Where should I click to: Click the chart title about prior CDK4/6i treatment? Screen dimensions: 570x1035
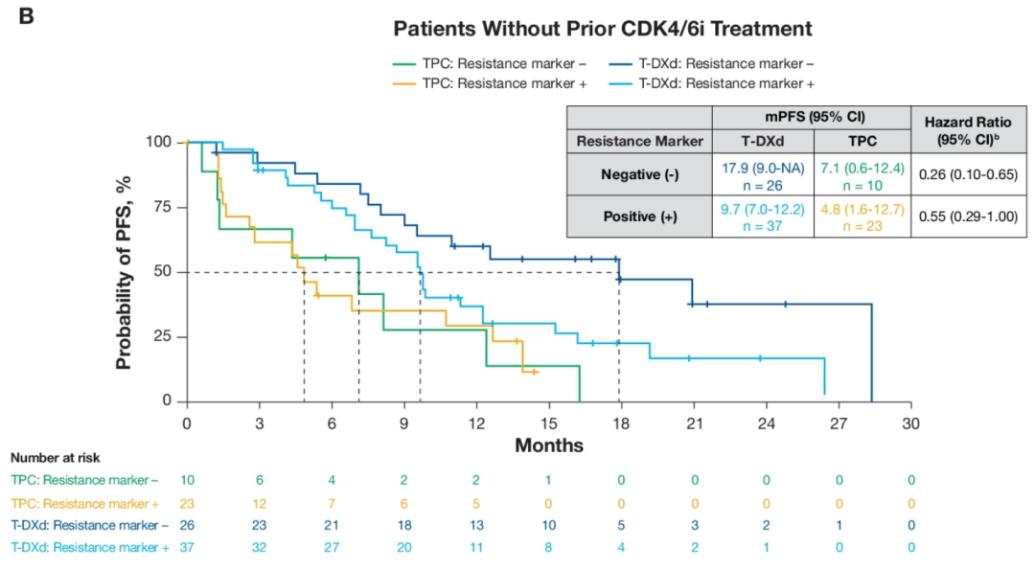(x=603, y=29)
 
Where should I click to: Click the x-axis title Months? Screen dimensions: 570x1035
(x=549, y=445)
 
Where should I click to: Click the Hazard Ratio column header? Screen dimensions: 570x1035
(x=969, y=129)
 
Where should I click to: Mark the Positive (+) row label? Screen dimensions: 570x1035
(x=639, y=217)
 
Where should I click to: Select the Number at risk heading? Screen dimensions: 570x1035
(x=56, y=458)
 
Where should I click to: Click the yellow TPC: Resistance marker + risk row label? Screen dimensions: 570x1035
(x=85, y=503)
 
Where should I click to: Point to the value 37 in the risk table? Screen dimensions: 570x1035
(x=187, y=547)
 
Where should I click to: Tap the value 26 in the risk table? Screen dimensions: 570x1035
(x=187, y=525)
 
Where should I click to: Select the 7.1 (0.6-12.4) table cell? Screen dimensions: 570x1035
(x=862, y=172)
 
